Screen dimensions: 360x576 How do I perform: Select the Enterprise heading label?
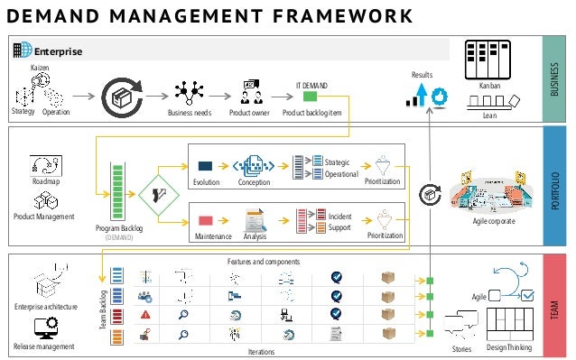(58, 51)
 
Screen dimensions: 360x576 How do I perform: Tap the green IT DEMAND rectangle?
(310, 97)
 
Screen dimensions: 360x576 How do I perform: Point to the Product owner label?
(249, 113)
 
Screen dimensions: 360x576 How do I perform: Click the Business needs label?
(190, 113)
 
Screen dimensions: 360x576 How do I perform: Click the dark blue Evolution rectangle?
(205, 166)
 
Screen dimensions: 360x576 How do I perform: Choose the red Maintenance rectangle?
(205, 219)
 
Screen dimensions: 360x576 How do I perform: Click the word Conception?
(254, 180)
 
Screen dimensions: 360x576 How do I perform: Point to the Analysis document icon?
(255, 219)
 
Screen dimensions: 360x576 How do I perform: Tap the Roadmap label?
(45, 181)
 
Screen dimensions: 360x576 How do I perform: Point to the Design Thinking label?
(509, 347)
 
